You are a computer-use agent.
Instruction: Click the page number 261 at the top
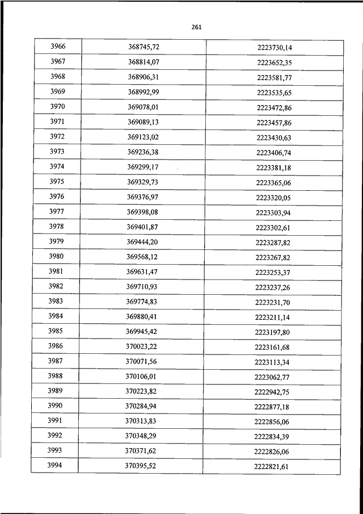point(197,27)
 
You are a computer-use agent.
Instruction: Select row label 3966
point(58,46)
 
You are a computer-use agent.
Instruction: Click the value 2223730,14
point(274,47)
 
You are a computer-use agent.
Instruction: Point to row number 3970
point(58,106)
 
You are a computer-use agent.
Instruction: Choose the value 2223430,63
point(274,137)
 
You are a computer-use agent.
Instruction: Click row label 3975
point(57,181)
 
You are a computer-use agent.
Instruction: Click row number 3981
point(57,271)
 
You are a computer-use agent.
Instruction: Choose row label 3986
point(56,346)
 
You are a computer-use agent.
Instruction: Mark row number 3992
point(56,436)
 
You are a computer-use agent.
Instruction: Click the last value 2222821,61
point(272,467)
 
